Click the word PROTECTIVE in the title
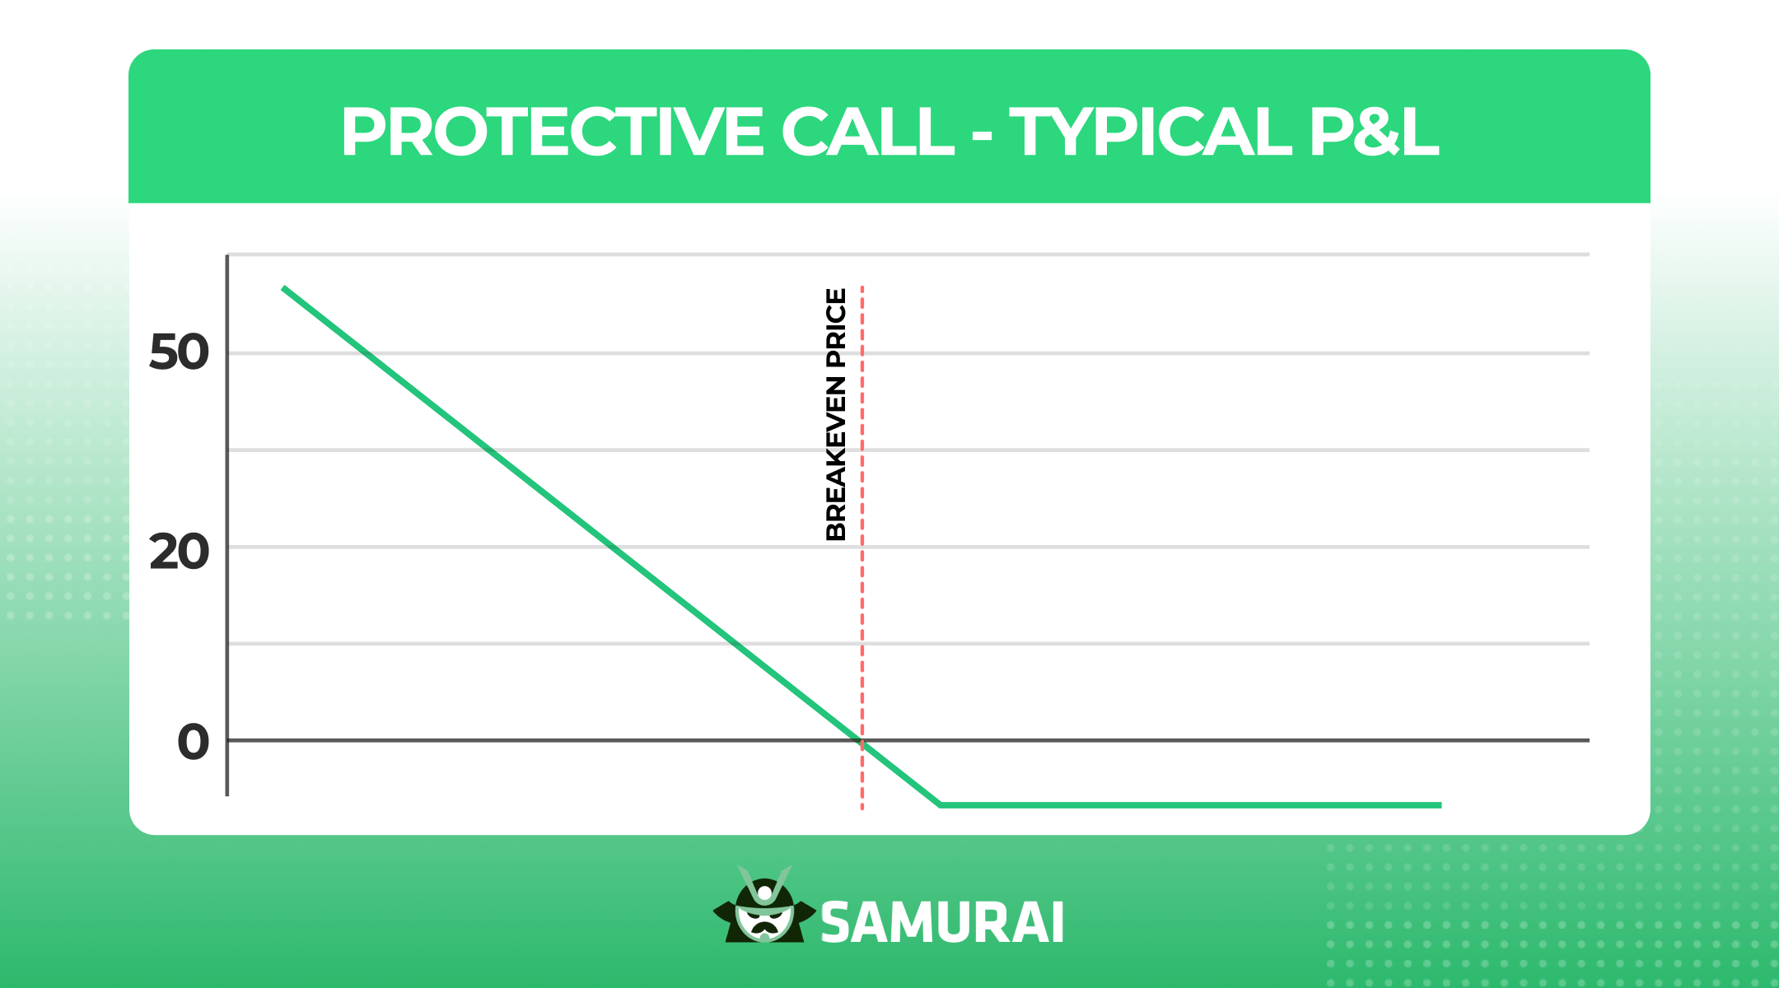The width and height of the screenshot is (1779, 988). click(552, 132)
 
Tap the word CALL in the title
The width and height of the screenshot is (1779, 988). click(867, 132)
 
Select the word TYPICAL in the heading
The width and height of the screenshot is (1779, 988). click(1151, 132)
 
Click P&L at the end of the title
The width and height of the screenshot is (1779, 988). click(1374, 132)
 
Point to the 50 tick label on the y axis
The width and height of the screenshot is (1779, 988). click(179, 353)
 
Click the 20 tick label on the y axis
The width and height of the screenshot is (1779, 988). click(179, 552)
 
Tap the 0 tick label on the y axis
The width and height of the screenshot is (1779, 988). click(194, 742)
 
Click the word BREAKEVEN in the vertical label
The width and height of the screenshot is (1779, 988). click(836, 458)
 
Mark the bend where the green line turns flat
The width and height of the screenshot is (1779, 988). click(940, 804)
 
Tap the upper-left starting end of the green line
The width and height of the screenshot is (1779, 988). click(283, 288)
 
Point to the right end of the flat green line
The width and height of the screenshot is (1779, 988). click(1440, 804)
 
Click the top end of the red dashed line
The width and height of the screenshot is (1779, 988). click(862, 288)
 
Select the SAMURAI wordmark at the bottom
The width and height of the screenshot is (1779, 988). click(942, 923)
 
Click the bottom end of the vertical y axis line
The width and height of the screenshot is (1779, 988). click(227, 795)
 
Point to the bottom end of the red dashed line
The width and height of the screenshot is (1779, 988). click(862, 809)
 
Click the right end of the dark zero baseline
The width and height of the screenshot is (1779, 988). click(1587, 740)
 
